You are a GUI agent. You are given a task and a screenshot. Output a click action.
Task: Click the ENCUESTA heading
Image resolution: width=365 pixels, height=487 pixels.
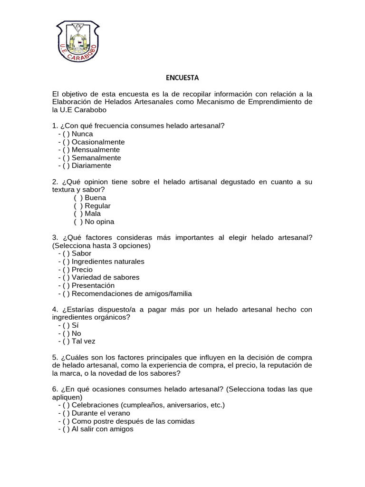tap(182, 77)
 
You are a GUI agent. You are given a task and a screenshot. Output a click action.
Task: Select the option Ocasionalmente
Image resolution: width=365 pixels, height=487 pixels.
tap(98, 142)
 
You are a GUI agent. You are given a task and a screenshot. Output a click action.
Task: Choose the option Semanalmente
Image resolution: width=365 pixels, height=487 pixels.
tap(96, 158)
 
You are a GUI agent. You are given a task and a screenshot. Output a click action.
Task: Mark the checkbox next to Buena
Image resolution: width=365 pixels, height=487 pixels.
tap(78, 198)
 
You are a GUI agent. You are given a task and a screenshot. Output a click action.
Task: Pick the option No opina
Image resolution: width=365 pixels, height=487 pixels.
tap(99, 222)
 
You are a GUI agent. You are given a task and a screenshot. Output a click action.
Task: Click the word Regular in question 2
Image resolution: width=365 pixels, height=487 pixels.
tap(97, 206)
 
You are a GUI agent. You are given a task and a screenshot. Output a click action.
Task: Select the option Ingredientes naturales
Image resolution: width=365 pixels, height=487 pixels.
tap(108, 262)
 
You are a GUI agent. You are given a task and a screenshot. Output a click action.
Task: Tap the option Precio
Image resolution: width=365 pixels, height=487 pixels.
tap(82, 270)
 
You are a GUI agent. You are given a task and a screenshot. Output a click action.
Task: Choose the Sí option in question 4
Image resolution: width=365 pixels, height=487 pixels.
tap(75, 325)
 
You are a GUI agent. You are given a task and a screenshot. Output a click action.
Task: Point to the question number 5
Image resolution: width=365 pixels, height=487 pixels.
tap(54, 357)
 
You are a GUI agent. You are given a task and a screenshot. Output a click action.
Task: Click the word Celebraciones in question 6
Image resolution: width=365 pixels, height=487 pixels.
tap(95, 405)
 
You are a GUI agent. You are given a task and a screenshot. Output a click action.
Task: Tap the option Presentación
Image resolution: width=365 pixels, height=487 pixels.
tap(93, 285)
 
